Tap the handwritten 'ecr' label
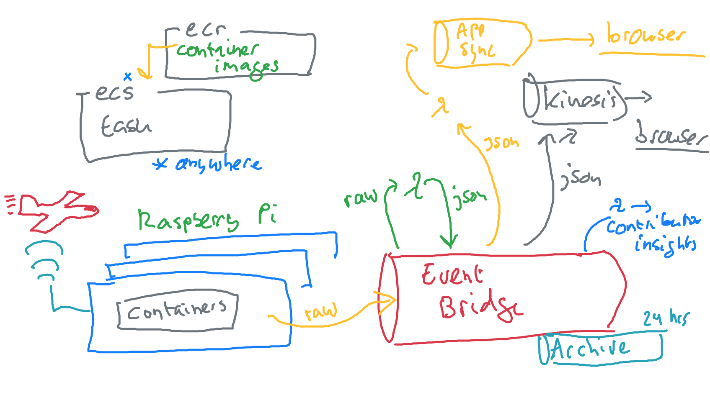click(x=205, y=29)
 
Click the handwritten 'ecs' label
click(x=114, y=92)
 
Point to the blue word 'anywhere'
click(x=218, y=164)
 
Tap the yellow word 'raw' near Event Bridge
click(x=321, y=312)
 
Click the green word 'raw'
click(x=360, y=197)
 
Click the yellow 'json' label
click(x=501, y=143)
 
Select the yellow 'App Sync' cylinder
click(x=482, y=43)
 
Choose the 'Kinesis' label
click(x=580, y=100)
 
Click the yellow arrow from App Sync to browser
click(x=565, y=40)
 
